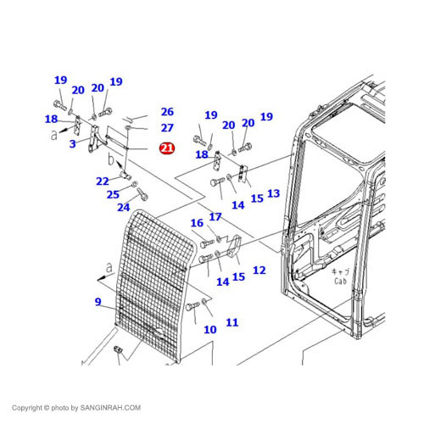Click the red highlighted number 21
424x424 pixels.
tap(167, 148)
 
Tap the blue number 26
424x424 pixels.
tap(167, 112)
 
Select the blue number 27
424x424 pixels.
tap(167, 128)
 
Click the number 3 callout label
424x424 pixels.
tap(73, 143)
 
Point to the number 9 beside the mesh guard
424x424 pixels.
tap(98, 302)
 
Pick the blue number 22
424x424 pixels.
tap(103, 181)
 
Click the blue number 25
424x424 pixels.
tap(113, 194)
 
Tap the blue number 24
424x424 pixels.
tap(124, 207)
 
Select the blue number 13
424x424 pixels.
tap(273, 193)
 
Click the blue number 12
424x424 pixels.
tap(259, 271)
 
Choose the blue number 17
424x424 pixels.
tap(215, 217)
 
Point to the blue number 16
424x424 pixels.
tap(197, 223)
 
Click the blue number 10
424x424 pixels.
tap(210, 329)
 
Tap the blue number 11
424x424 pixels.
tap(232, 322)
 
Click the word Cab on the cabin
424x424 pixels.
tap(340, 281)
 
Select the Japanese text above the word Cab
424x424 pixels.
tap(340, 272)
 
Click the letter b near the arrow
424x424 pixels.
tap(111, 159)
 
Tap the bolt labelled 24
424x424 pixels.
tap(142, 194)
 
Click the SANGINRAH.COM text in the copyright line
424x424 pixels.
tap(110, 408)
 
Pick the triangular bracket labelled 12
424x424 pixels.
tap(234, 246)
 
